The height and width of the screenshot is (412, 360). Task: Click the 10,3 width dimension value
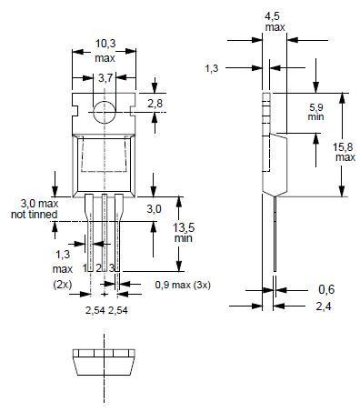105,44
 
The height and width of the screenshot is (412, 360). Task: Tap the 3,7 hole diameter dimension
105,78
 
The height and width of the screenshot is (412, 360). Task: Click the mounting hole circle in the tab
105,112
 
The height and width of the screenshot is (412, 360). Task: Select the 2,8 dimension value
155,104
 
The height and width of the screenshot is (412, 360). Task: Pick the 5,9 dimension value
316,107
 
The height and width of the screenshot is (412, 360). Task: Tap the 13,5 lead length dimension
184,227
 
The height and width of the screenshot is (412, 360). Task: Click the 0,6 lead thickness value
326,289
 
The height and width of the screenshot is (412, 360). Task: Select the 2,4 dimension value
324,306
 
